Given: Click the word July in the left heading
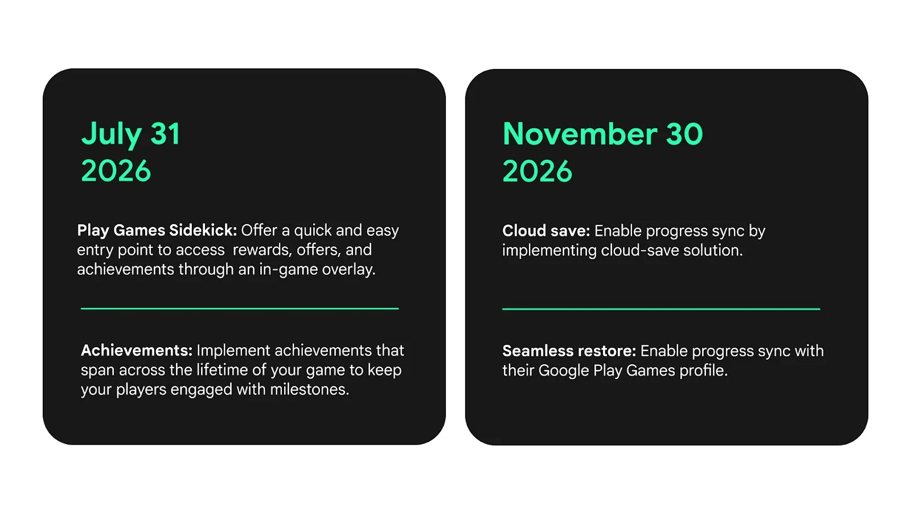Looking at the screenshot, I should pos(110,135).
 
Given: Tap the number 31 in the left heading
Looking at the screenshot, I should pos(165,135).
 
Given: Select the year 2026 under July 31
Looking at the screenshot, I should pos(116,171).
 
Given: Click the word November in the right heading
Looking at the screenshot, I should pos(580,135).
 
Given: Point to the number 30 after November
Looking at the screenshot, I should pos(684,135).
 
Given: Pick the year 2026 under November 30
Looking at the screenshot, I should pos(537,171).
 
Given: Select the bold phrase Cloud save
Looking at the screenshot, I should pos(545,231).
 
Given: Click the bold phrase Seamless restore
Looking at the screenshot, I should pos(568,351).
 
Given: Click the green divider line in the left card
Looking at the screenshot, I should pos(240,308).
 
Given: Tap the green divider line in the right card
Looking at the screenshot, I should pos(661,309).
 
